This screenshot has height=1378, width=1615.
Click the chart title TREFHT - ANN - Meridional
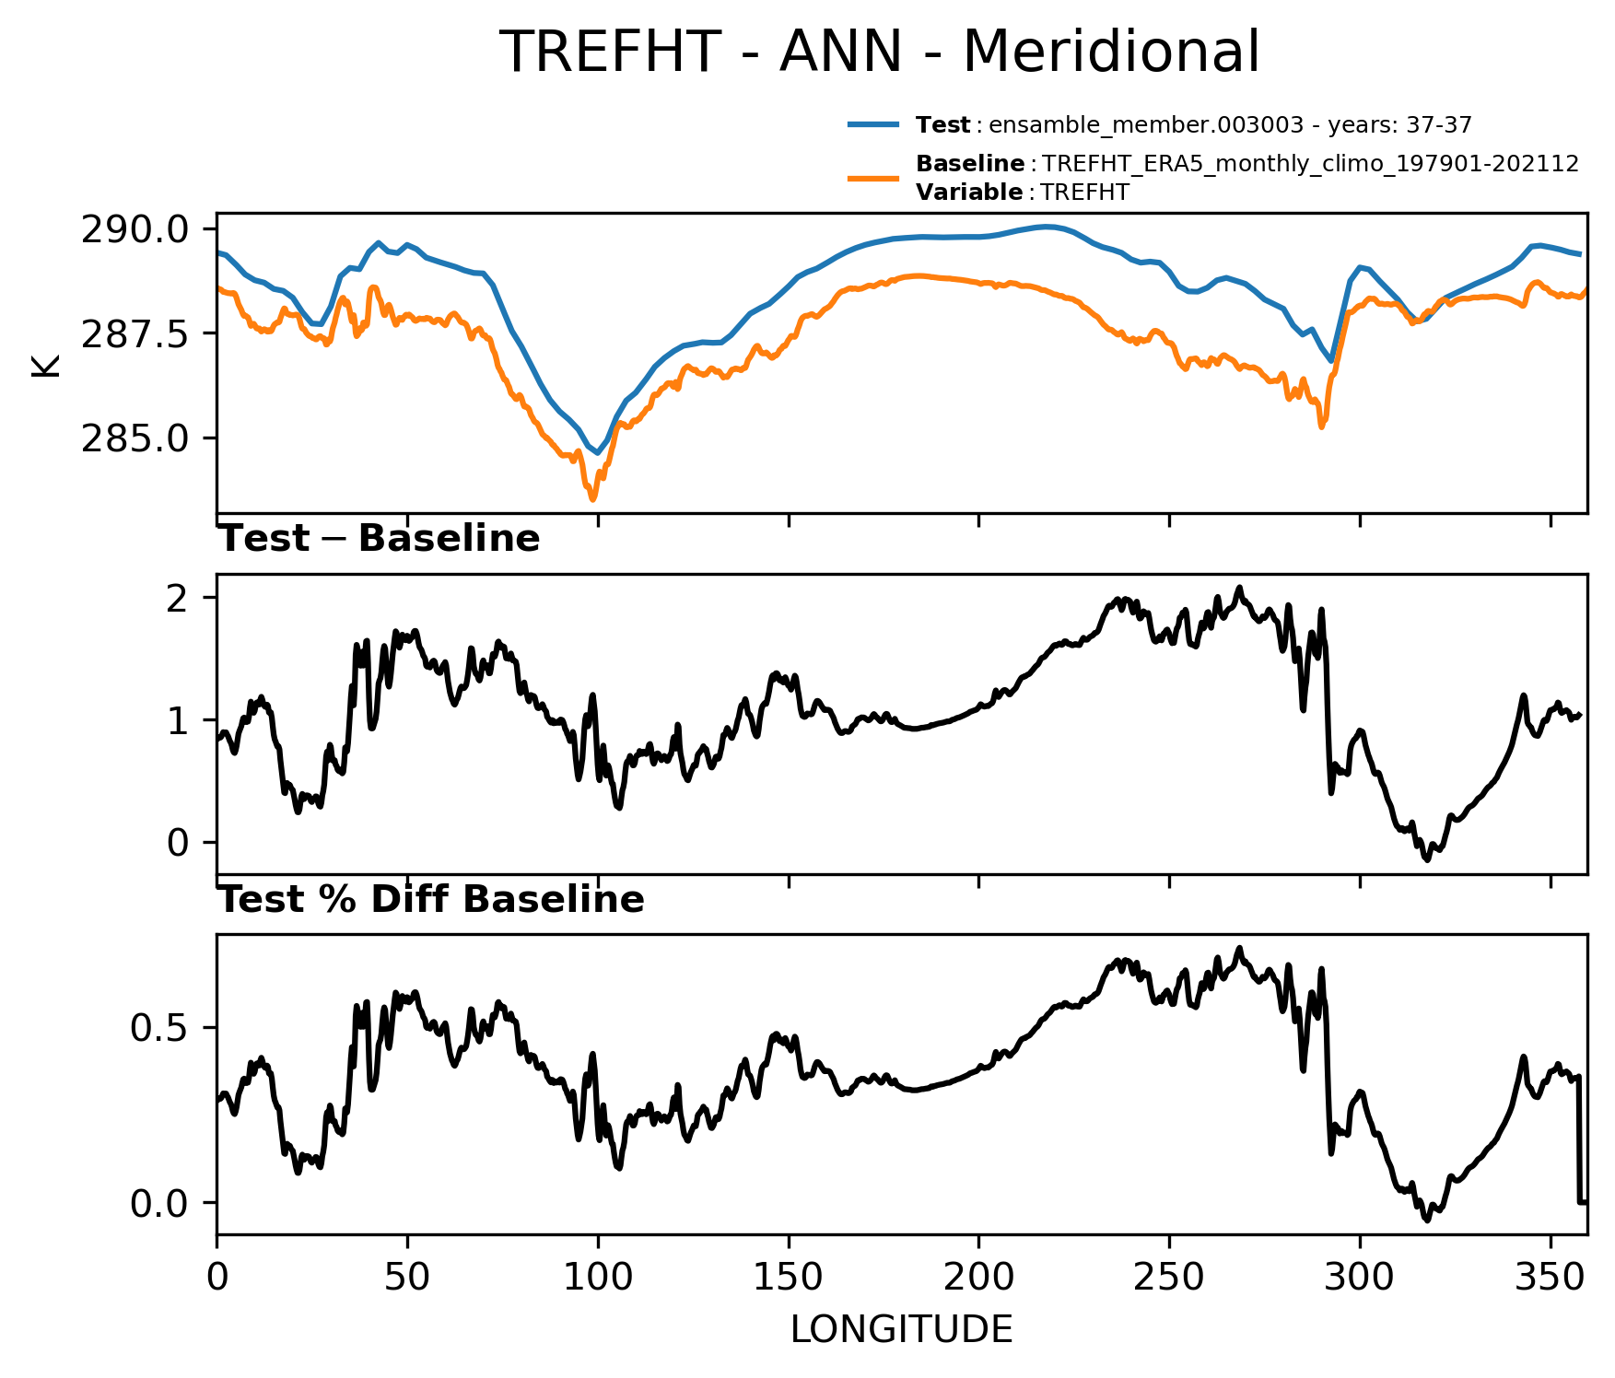click(879, 52)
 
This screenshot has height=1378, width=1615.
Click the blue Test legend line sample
click(873, 124)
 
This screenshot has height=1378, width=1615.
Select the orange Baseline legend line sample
click(873, 177)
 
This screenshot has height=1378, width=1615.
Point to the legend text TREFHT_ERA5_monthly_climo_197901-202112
click(1311, 164)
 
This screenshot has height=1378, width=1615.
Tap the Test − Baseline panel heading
click(379, 539)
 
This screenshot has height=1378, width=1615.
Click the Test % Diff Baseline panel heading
click(430, 899)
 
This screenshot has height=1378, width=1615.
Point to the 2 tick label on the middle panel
click(179, 598)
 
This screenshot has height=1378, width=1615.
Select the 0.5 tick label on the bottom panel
click(160, 1028)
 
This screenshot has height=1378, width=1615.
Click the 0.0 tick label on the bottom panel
click(160, 1203)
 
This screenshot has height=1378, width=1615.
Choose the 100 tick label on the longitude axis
click(598, 1278)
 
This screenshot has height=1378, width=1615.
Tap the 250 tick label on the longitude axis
click(1169, 1278)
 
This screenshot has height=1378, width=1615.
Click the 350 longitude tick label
click(1551, 1278)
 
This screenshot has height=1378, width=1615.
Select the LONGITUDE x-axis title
click(902, 1330)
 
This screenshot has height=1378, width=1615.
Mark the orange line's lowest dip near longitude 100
click(593, 499)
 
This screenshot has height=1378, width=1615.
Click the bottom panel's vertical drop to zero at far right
click(1579, 1139)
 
